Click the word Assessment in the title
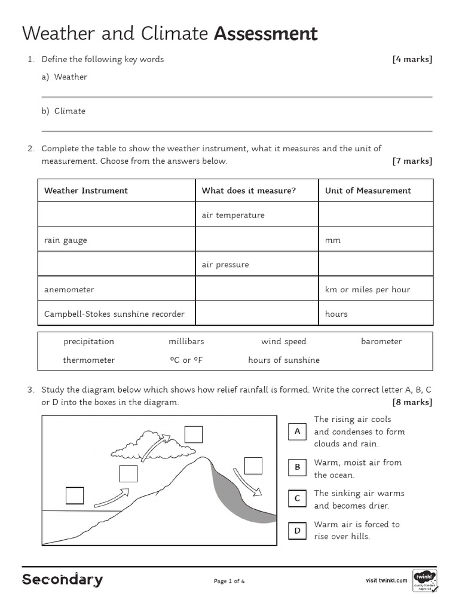click(x=265, y=34)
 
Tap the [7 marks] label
click(x=412, y=161)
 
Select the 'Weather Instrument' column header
click(x=86, y=191)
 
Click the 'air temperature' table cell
click(x=233, y=215)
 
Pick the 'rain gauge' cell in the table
click(x=66, y=240)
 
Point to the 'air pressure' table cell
click(x=225, y=265)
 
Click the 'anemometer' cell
click(x=69, y=289)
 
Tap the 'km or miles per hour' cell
click(x=368, y=289)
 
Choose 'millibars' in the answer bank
click(x=186, y=341)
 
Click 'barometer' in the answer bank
click(x=381, y=341)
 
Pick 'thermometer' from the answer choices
click(x=89, y=360)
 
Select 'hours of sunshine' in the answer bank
click(x=284, y=360)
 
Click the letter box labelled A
click(x=297, y=432)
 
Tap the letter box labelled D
click(x=297, y=530)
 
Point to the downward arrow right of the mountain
click(x=247, y=482)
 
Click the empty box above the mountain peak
click(x=193, y=433)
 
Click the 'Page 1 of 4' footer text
click(x=229, y=581)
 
